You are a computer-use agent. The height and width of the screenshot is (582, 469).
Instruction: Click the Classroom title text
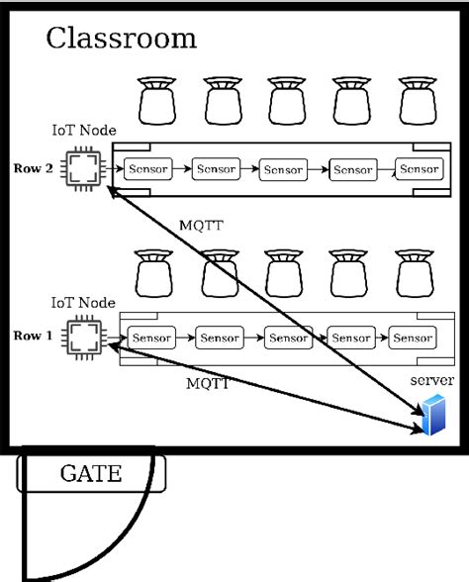[121, 39]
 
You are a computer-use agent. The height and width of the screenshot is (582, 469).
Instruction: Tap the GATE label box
[90, 473]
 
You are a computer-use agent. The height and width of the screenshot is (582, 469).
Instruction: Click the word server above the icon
[430, 381]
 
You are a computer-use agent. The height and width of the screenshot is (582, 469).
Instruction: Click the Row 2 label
[33, 167]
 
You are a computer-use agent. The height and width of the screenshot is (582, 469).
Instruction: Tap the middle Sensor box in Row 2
[283, 169]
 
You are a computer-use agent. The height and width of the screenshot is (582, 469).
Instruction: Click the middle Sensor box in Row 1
[288, 338]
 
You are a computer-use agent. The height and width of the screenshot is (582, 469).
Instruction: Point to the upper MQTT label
[201, 226]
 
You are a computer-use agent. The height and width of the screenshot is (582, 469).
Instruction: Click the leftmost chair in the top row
[155, 100]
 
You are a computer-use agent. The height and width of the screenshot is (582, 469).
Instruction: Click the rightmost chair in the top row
[415, 100]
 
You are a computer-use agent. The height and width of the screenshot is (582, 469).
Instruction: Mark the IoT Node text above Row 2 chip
[83, 131]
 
